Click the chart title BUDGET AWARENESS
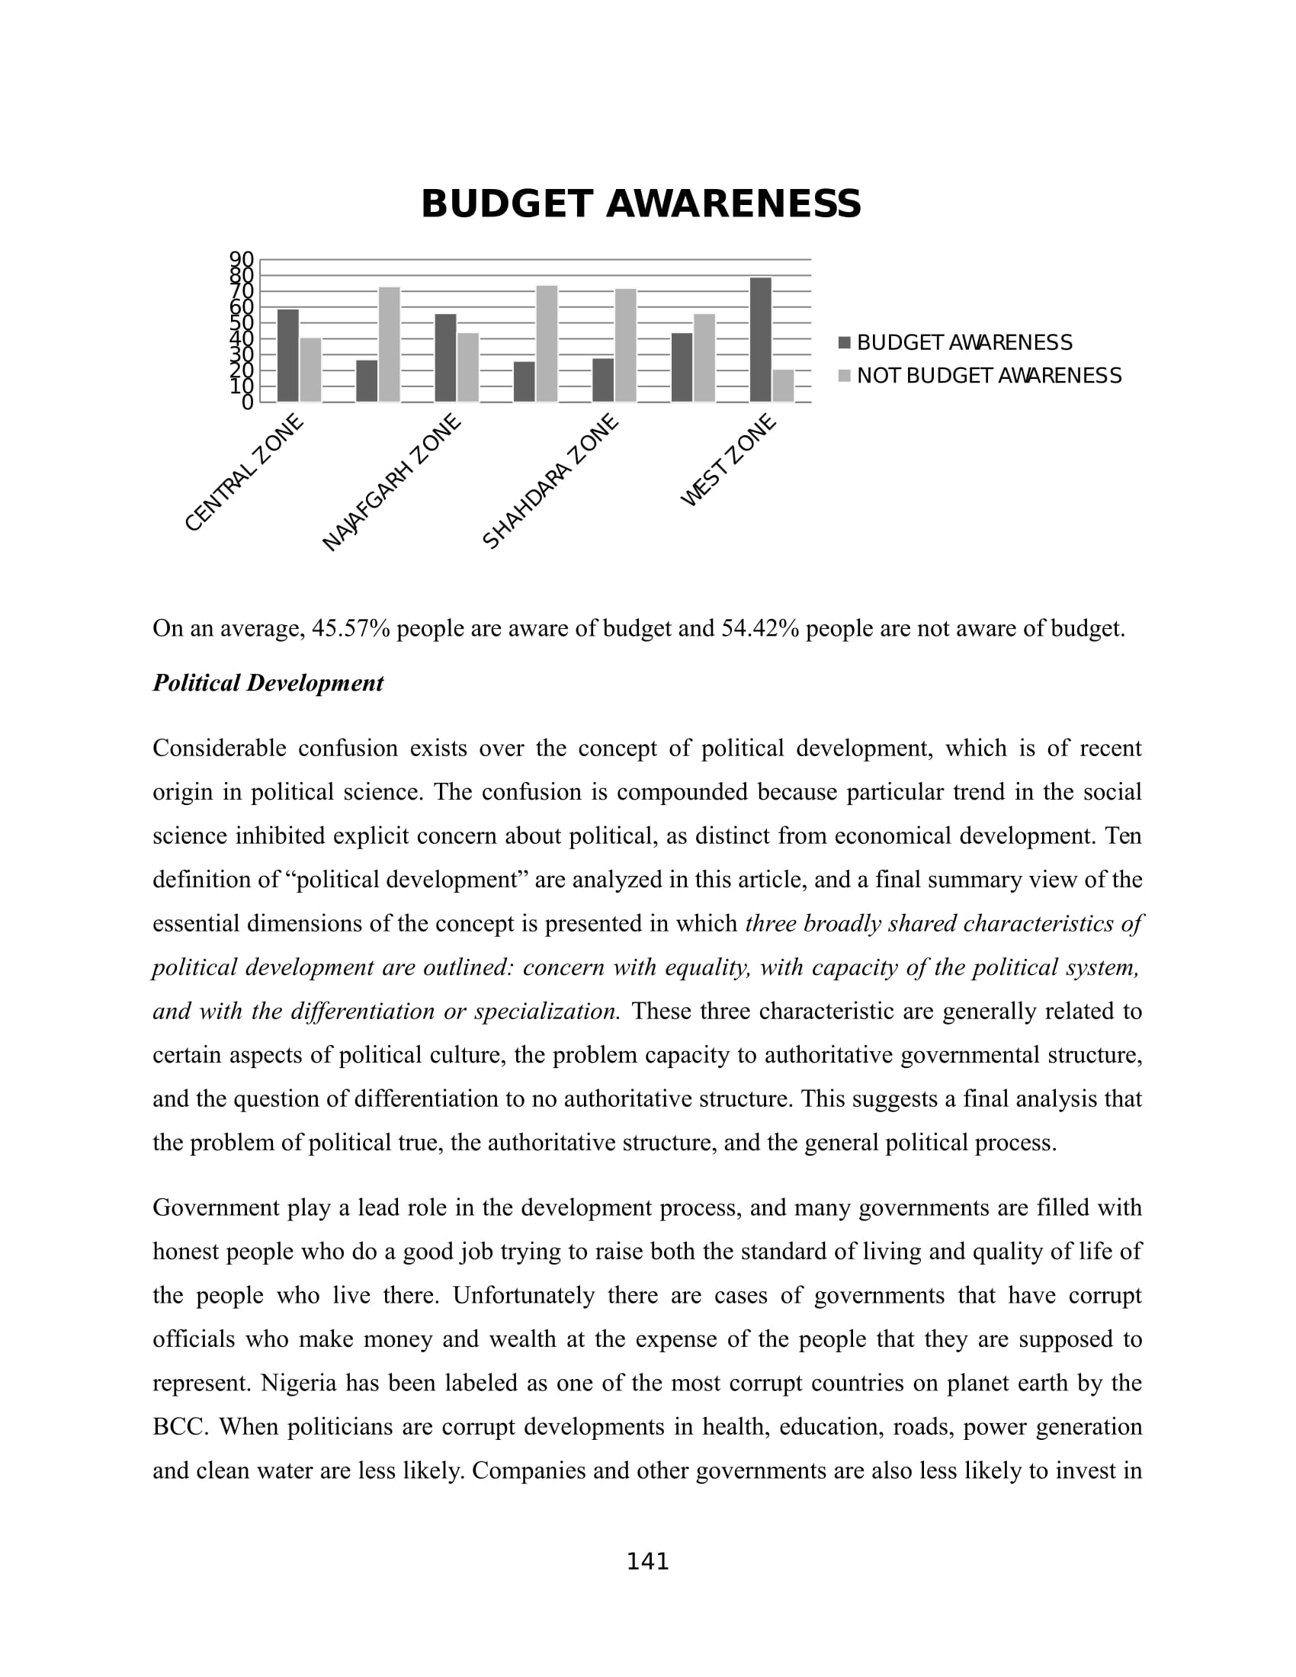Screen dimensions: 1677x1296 pos(641,204)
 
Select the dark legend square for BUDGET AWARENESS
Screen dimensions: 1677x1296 pos(845,342)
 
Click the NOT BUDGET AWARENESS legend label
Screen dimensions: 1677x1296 pos(989,376)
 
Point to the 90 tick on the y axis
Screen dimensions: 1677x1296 pos(241,258)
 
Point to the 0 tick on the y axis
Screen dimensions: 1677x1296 pos(247,402)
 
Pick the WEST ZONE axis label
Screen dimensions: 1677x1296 pos(729,460)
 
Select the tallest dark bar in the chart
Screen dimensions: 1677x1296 pos(760,339)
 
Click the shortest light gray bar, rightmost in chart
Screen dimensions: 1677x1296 pos(783,386)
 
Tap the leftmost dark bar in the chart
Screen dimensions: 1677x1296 pos(288,355)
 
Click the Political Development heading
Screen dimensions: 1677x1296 pos(268,683)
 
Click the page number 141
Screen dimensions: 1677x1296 pos(648,1562)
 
